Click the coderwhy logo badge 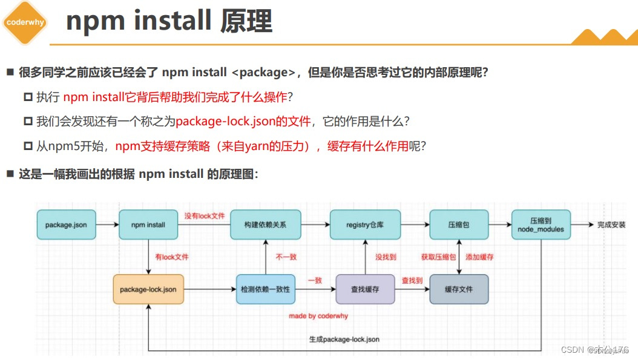pos(24,22)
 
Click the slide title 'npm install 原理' pos(169,22)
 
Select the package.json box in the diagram pos(66,225)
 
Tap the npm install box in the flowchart pos(148,225)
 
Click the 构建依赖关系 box pos(266,225)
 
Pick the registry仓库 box pos(365,225)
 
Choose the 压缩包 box pos(459,225)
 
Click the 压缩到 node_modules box pos(541,225)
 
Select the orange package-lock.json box pos(148,289)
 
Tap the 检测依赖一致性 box pos(266,289)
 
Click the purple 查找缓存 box pos(365,289)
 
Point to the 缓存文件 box pos(459,289)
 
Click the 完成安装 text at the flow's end pos(611,225)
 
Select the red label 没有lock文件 pos(205,216)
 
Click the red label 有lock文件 pos(171,257)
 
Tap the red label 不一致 pos(286,257)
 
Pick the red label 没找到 pos(386,257)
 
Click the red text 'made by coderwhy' pos(318,316)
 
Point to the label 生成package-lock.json pos(344,339)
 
